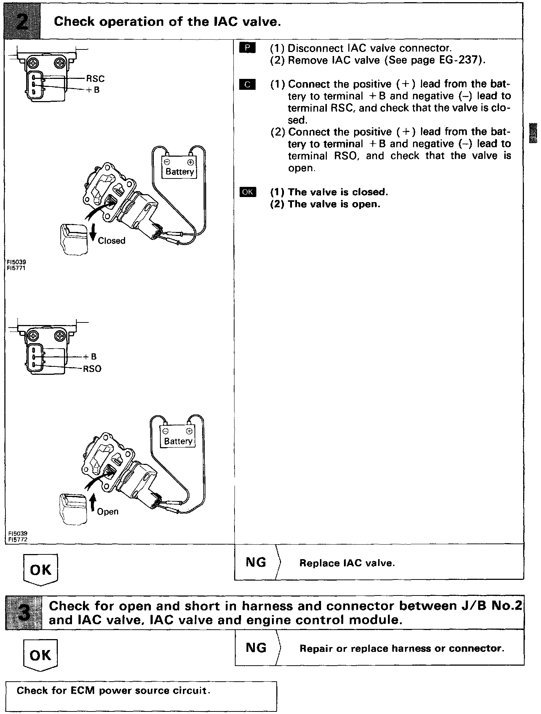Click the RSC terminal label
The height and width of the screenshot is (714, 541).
(x=95, y=79)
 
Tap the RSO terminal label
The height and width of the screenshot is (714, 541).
(x=92, y=369)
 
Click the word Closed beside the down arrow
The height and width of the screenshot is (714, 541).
(x=112, y=241)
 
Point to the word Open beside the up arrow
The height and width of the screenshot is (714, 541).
(x=108, y=512)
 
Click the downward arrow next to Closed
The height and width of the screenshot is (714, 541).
(x=93, y=233)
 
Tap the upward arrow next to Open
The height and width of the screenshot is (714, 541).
(x=92, y=504)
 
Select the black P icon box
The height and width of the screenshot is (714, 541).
(x=247, y=48)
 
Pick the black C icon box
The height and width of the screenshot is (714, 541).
(x=247, y=85)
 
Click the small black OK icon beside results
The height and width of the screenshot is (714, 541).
(x=248, y=192)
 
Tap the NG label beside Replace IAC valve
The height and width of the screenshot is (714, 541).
(x=256, y=562)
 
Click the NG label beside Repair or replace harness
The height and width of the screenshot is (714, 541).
(x=256, y=647)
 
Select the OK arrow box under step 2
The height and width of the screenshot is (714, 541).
(x=40, y=569)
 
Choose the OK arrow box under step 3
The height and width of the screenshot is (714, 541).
(x=40, y=655)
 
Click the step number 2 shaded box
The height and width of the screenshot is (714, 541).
(x=21, y=21)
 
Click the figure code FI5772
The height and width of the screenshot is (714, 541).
(x=18, y=539)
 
